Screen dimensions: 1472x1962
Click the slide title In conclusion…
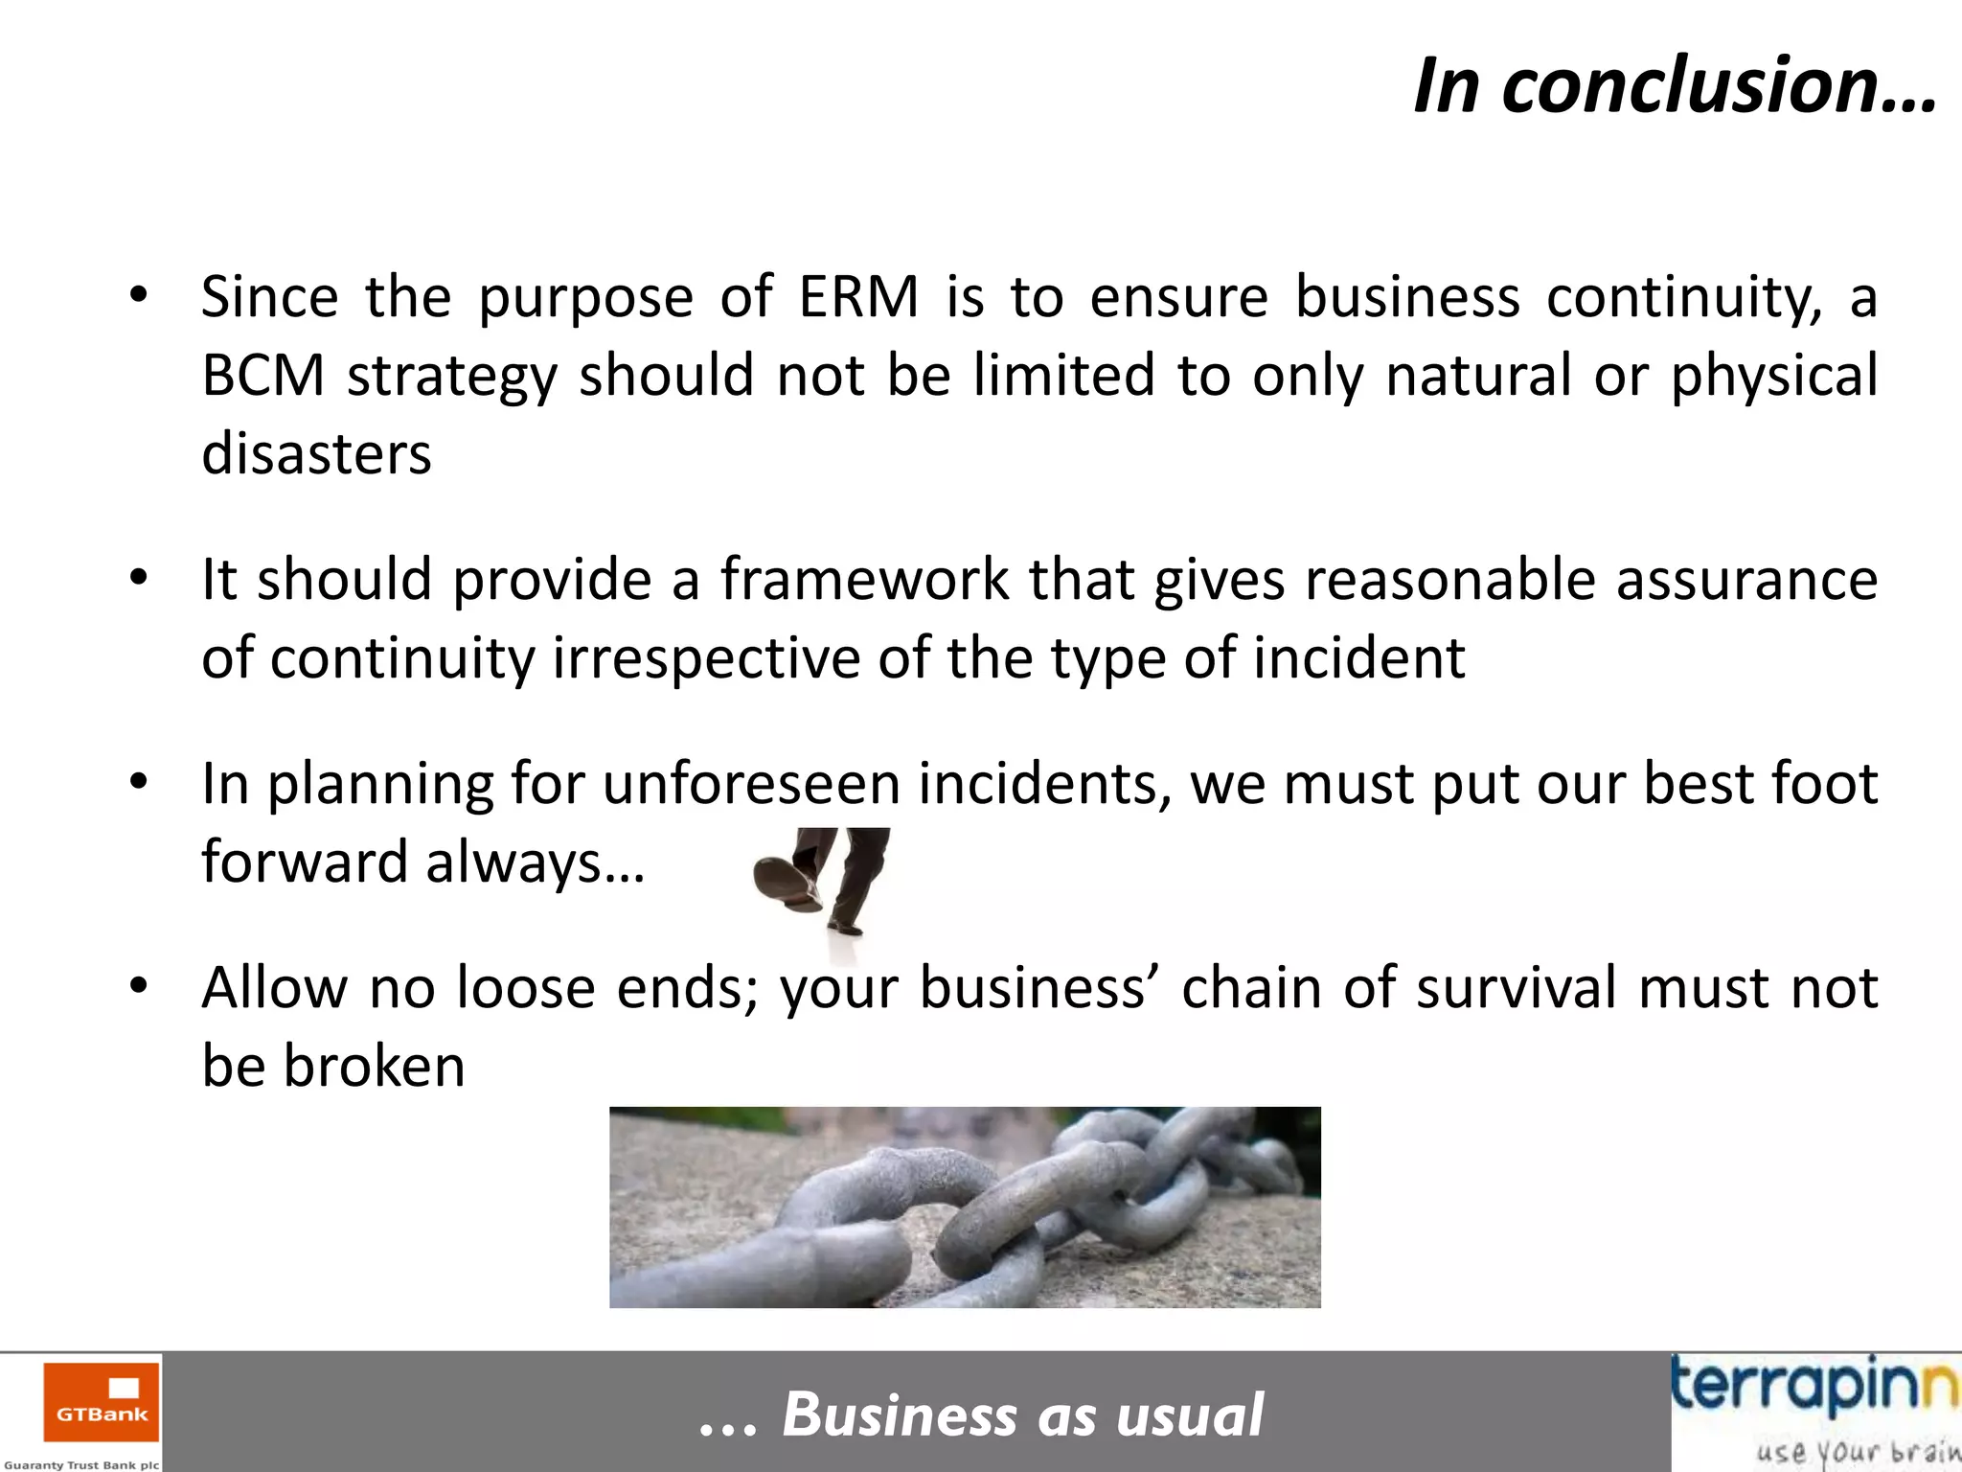coord(1675,86)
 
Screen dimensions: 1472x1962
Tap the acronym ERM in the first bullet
coord(859,297)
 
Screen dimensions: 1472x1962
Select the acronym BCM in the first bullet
coord(262,375)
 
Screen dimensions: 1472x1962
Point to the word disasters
coord(316,453)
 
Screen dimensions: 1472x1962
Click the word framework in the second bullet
coord(864,580)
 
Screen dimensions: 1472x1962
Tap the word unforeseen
coord(751,784)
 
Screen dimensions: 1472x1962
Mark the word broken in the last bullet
coord(374,1067)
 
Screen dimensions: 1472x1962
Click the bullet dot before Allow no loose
coord(139,985)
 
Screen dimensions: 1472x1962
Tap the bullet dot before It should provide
coord(139,578)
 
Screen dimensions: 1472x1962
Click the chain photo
coord(965,1207)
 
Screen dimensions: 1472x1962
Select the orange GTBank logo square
coord(102,1402)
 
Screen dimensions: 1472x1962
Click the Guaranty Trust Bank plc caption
coord(81,1464)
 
